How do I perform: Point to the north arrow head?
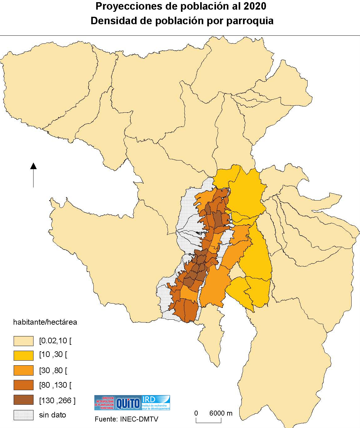(x=33, y=166)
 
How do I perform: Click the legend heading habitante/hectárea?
(x=45, y=322)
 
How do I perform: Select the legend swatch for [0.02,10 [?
(x=24, y=341)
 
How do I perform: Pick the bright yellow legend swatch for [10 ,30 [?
(x=24, y=355)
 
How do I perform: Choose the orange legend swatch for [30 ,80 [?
(x=24, y=370)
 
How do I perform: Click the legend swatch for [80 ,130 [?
(x=24, y=385)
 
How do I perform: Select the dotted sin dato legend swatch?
(x=24, y=415)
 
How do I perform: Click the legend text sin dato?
(x=52, y=415)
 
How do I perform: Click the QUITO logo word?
(x=128, y=403)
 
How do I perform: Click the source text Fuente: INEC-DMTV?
(x=126, y=419)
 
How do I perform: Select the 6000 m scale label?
(x=221, y=413)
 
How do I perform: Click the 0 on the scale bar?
(x=196, y=413)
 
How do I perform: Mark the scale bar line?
(x=209, y=422)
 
